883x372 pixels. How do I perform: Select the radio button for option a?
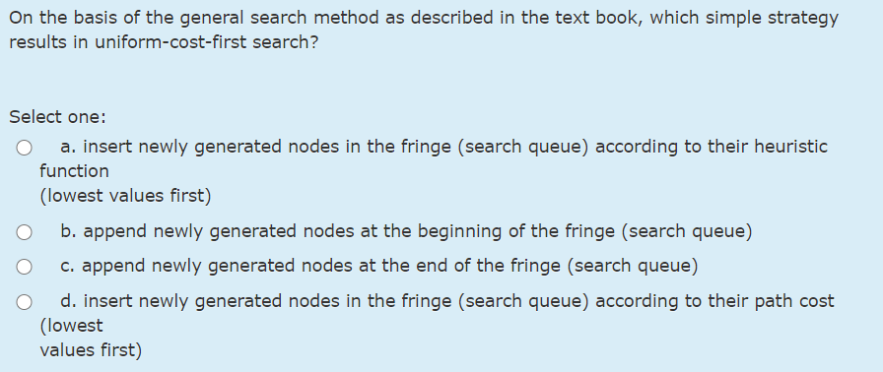[23, 149]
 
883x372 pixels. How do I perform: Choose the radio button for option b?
[23, 233]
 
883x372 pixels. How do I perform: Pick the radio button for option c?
[23, 267]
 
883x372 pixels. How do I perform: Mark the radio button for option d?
[23, 302]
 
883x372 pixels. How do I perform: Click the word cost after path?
[813, 300]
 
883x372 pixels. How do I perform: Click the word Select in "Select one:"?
[35, 116]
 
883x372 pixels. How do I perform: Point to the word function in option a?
[75, 170]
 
